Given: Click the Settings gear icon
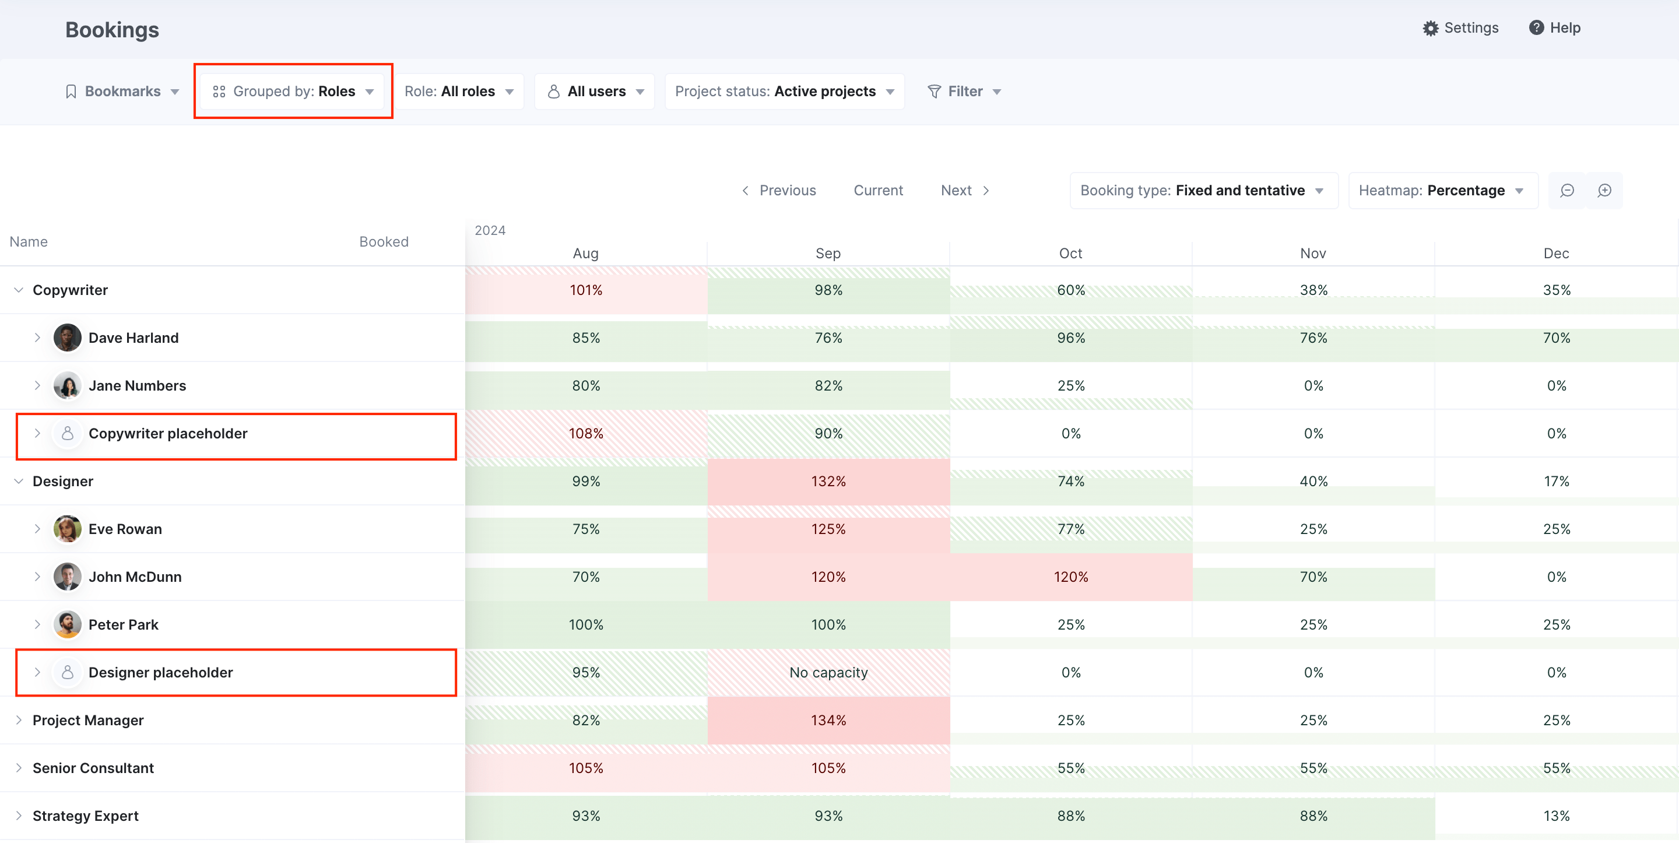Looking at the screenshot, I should (x=1430, y=28).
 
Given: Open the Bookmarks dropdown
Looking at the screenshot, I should (x=122, y=92).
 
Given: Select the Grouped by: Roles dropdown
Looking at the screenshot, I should (x=293, y=92).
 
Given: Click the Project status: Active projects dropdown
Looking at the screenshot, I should (x=784, y=92).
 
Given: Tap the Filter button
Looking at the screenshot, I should (x=964, y=92).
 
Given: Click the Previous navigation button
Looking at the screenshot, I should (x=779, y=191).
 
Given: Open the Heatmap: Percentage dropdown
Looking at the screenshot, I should (x=1442, y=191).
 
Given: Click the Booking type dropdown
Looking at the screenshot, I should (x=1203, y=191).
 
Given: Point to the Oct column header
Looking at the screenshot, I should (x=1070, y=254).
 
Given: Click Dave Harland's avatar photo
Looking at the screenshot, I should (x=67, y=338).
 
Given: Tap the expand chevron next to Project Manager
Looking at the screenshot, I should (x=19, y=720).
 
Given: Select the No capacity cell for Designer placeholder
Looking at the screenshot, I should (x=828, y=672).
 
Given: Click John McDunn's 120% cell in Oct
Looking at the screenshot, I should (x=1071, y=577).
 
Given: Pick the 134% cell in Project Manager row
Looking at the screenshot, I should (x=828, y=720).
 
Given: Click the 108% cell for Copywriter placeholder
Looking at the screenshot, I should (x=586, y=434).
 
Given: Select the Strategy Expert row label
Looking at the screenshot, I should (x=85, y=816).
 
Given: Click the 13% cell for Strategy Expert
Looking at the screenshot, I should (x=1556, y=816).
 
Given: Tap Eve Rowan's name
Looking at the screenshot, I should (x=125, y=529).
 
